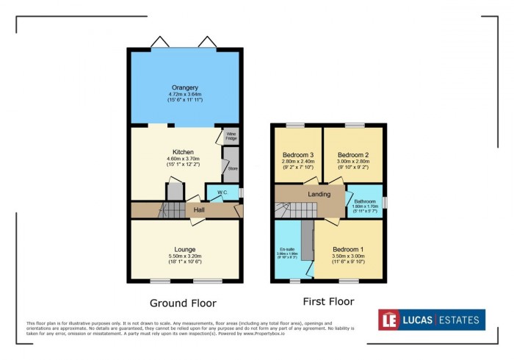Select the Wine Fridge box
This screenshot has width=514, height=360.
pyautogui.click(x=231, y=136)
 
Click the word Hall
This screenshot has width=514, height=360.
pyautogui.click(x=198, y=210)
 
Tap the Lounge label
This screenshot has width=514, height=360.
pyautogui.click(x=184, y=248)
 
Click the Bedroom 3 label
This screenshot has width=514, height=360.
pyautogui.click(x=297, y=155)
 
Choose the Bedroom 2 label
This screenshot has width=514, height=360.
pyautogui.click(x=352, y=155)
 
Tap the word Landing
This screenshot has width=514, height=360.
pyautogui.click(x=319, y=194)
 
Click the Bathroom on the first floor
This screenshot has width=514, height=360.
pyautogui.click(x=364, y=200)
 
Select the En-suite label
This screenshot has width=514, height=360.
pyautogui.click(x=286, y=249)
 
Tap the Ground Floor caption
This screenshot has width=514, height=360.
pyautogui.click(x=183, y=303)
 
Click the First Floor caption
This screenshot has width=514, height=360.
pyautogui.click(x=329, y=301)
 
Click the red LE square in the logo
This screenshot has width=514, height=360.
pyautogui.click(x=389, y=320)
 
